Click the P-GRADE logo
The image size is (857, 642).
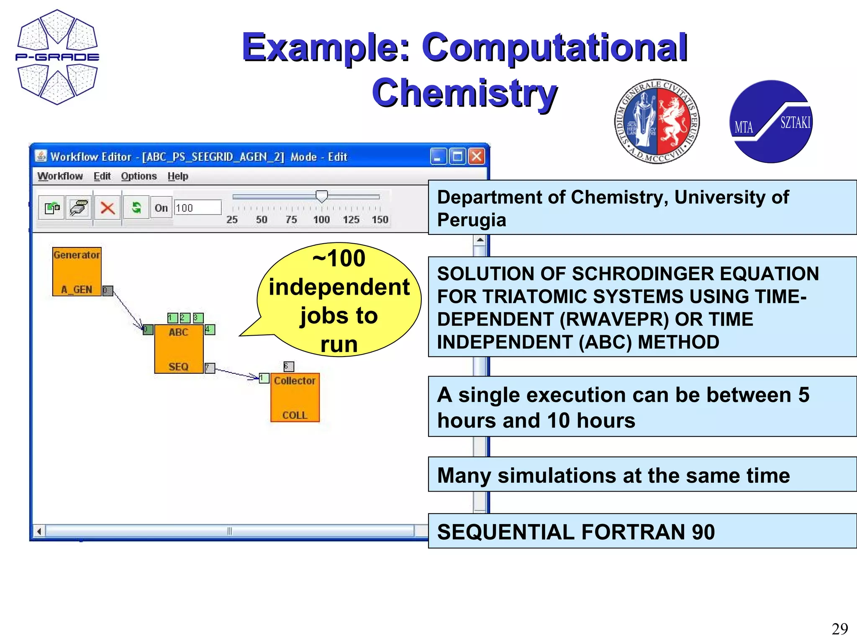point(57,57)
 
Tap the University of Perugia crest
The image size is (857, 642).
point(657,121)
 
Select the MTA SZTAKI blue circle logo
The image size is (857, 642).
point(771,122)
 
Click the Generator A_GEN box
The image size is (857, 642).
point(77,272)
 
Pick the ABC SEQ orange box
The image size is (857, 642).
point(179,349)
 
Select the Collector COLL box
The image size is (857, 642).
point(295,397)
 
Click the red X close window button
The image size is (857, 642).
point(477,157)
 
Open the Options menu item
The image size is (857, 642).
point(139,176)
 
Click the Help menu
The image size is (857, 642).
point(178,176)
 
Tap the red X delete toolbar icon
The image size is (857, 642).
point(108,208)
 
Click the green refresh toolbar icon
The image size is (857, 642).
point(136,207)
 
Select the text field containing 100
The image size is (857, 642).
point(197,208)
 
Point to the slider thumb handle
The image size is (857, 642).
point(321,196)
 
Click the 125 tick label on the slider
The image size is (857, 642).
point(351,220)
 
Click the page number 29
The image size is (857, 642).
point(839,629)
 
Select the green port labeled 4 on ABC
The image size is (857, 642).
point(210,329)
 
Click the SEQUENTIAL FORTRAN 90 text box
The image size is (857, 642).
point(642,531)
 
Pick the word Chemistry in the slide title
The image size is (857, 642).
point(464,93)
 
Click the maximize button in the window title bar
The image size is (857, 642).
point(457,157)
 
